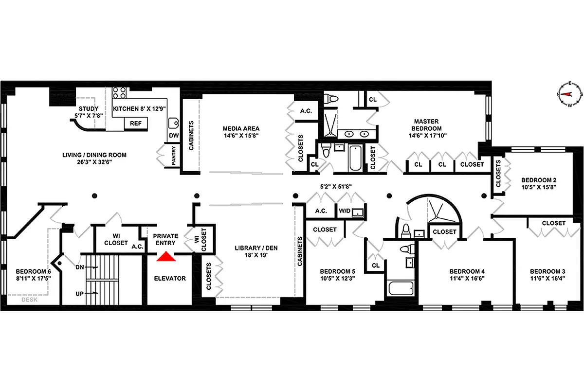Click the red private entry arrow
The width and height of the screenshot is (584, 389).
(166, 256)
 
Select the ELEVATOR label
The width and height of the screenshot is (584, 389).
(170, 279)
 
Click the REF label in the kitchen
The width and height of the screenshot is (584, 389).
(136, 124)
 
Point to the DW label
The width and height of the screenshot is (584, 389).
(173, 136)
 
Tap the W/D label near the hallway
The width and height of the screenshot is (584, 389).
(344, 211)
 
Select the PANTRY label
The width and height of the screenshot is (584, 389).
(173, 157)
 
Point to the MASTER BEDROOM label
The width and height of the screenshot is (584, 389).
(426, 125)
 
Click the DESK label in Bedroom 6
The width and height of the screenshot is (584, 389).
(30, 300)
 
